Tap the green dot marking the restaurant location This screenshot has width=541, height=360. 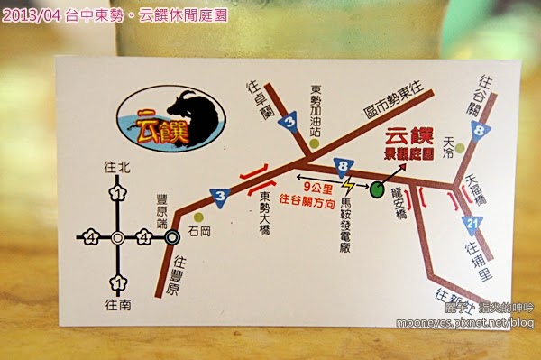[x=376, y=189]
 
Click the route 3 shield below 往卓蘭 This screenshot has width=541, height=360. [x=288, y=123]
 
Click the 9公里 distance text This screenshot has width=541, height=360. [x=318, y=186]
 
